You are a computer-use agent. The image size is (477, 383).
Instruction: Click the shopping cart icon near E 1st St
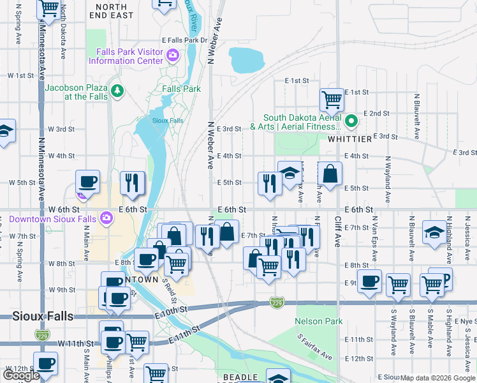tap(332, 100)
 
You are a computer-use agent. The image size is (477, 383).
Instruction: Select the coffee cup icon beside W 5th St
tap(87, 181)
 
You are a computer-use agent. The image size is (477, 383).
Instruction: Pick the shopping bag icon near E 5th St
tap(330, 174)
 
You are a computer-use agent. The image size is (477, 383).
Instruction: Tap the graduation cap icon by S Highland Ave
tap(434, 233)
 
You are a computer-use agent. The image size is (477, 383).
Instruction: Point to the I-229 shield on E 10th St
tap(276, 301)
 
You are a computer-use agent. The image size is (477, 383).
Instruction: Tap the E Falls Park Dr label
tap(185, 40)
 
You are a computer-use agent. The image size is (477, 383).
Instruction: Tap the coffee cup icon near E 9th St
tap(369, 282)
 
